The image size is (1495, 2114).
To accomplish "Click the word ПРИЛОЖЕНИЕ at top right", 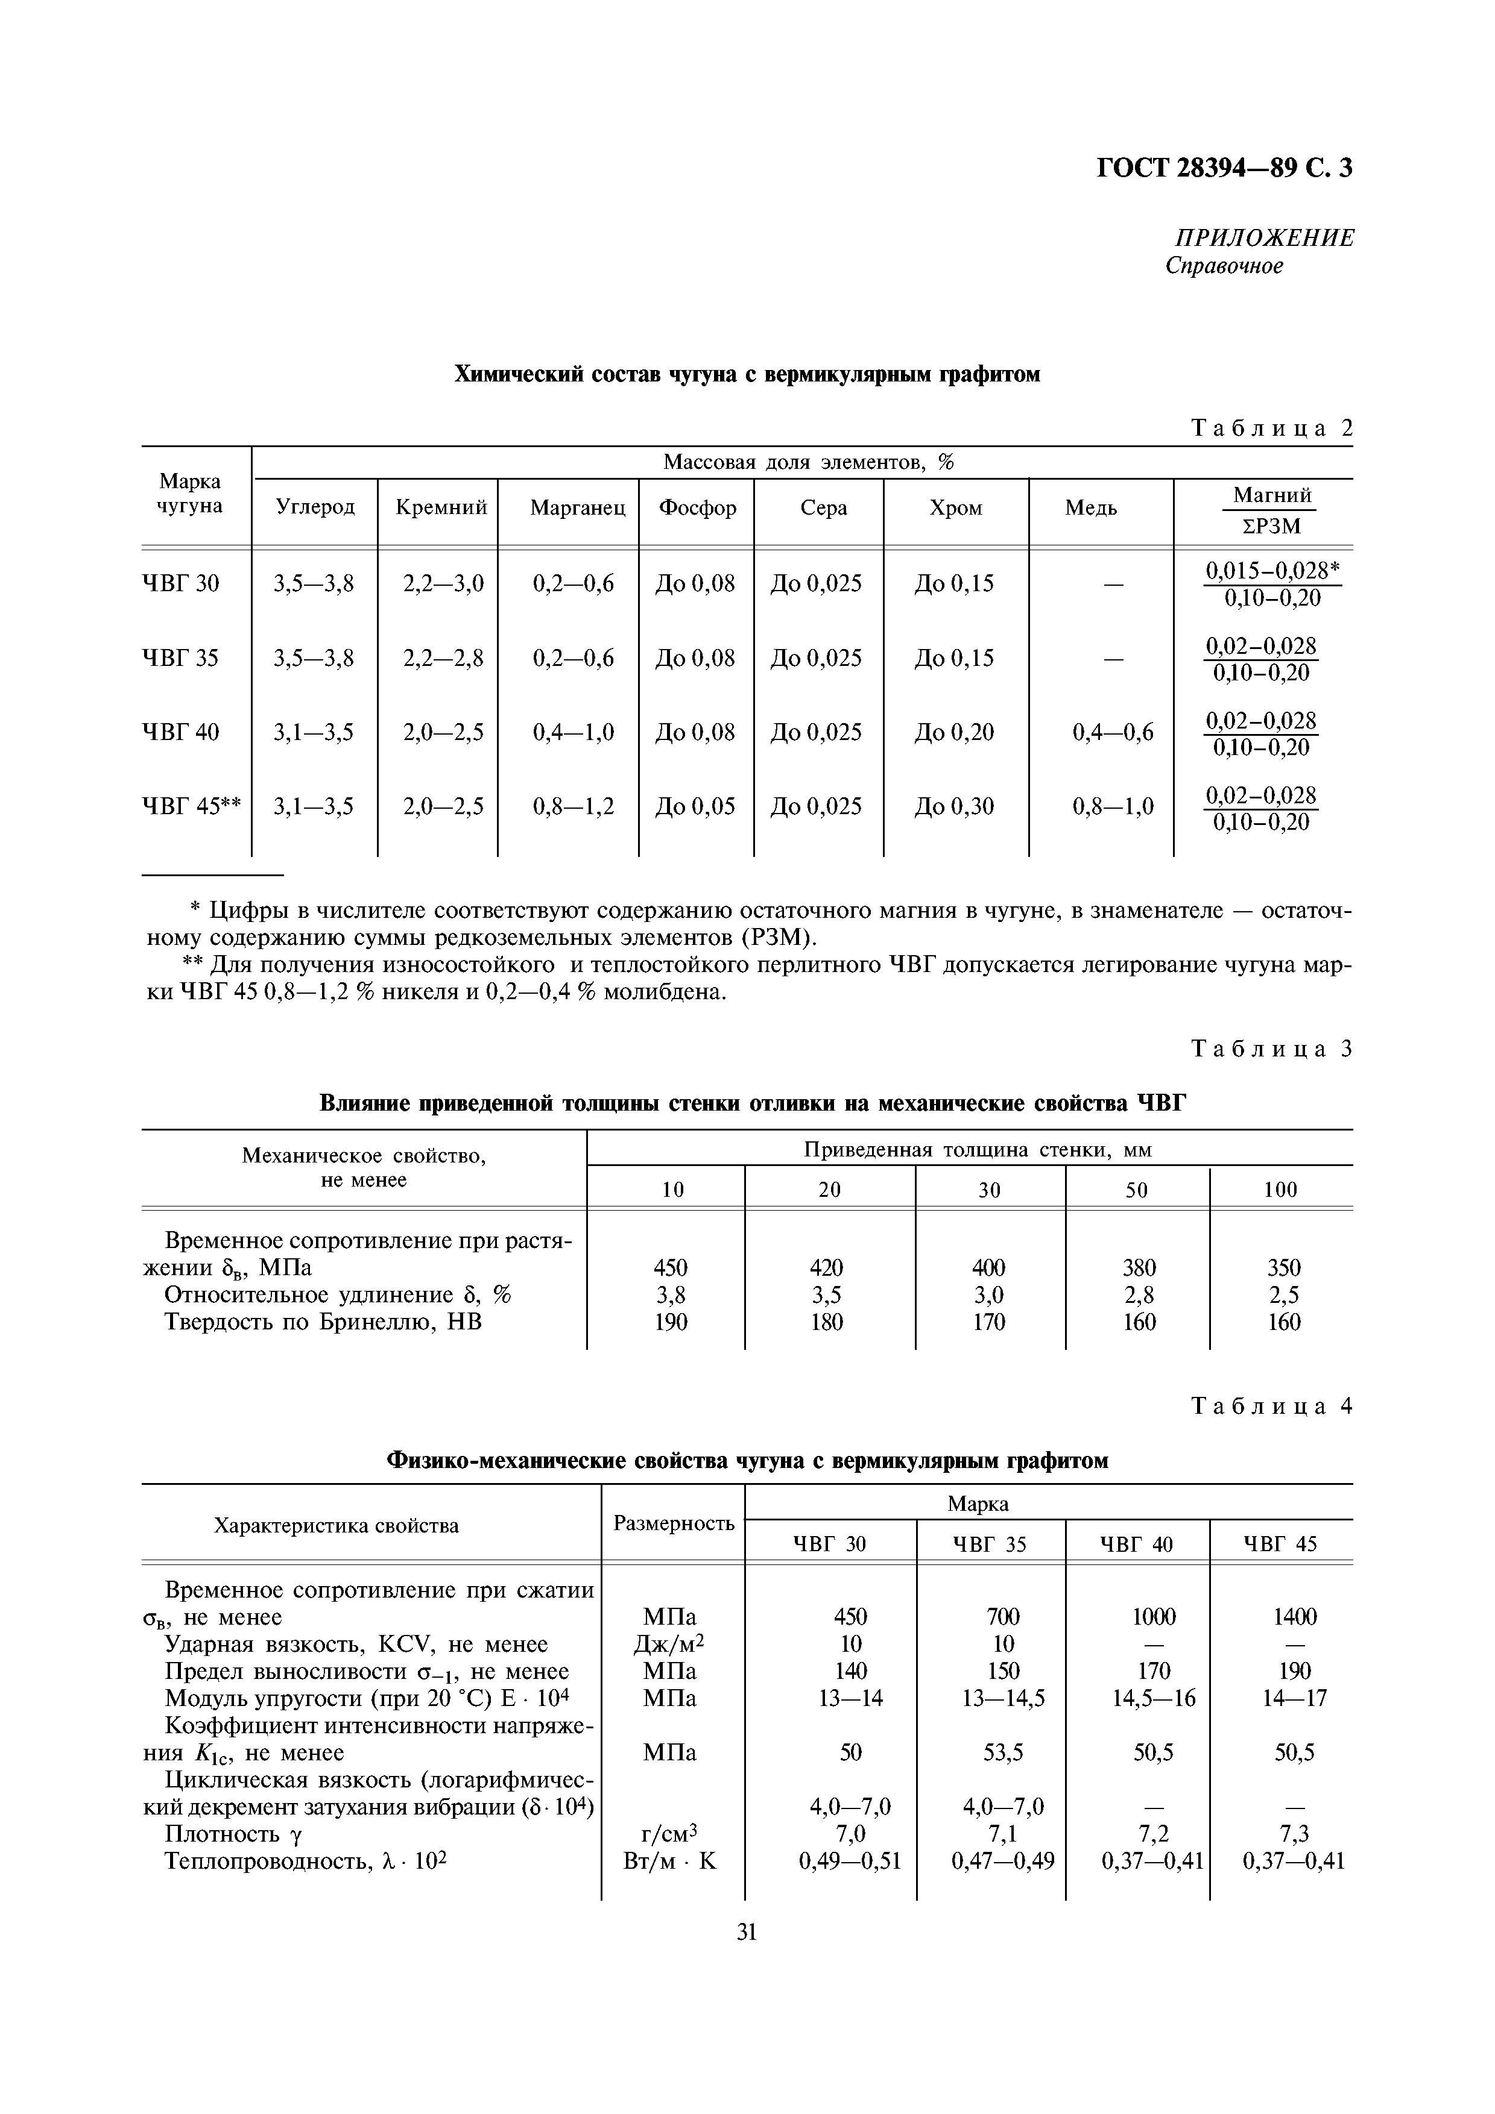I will (x=1264, y=239).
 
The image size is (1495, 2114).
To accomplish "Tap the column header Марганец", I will (x=578, y=508).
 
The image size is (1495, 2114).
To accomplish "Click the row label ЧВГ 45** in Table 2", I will (x=192, y=806).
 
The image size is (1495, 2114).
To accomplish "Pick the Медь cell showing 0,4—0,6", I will (x=1113, y=733).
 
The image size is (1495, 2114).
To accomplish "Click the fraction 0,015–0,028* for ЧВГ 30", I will (x=1272, y=571).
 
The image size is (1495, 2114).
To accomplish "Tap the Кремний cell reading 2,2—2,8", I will (x=443, y=658).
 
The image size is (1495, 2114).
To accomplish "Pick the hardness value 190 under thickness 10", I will (x=671, y=1322).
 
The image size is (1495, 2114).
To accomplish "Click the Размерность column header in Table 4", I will (x=674, y=1524).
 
